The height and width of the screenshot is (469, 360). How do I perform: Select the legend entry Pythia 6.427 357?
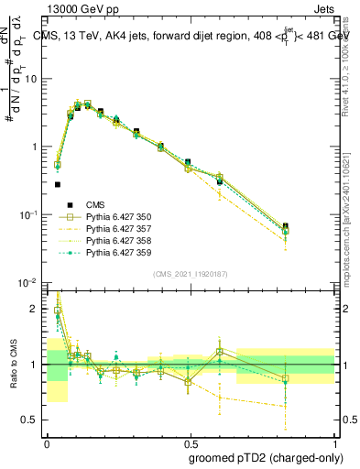click(118, 230)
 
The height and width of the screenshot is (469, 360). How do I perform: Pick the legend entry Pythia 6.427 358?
click(118, 241)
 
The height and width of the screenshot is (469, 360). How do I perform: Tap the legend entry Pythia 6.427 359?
click(118, 252)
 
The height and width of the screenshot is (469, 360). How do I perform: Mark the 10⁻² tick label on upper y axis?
click(29, 283)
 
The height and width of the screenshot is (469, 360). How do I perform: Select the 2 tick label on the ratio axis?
click(35, 309)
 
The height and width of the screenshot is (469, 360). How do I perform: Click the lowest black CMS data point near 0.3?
click(57, 184)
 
